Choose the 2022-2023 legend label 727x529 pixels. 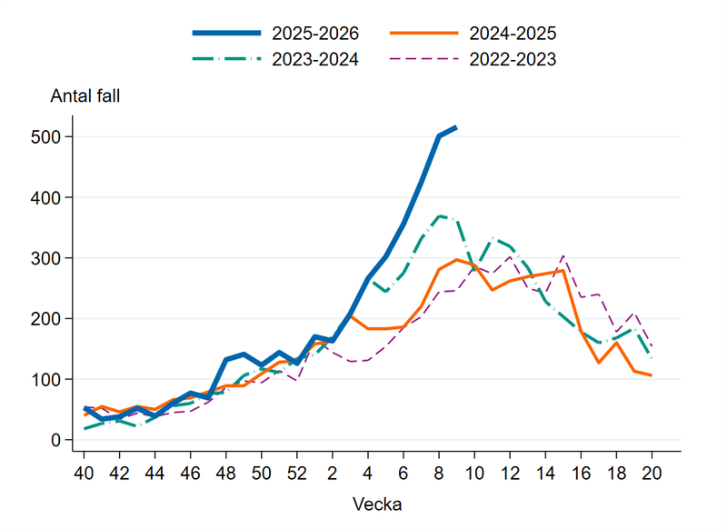point(512,60)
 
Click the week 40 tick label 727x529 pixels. point(84,473)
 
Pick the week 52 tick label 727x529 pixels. point(297,473)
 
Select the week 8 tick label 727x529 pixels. point(439,473)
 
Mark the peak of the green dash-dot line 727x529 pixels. point(439,216)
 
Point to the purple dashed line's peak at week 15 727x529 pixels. point(563,256)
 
